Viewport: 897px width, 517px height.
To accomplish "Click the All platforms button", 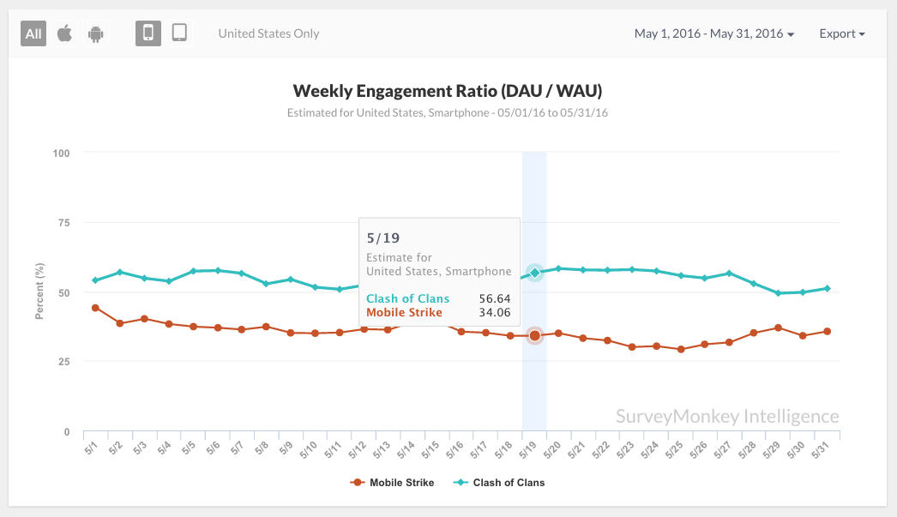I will (x=33, y=33).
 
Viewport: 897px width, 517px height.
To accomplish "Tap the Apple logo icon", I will (x=64, y=33).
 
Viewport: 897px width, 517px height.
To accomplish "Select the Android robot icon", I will (x=95, y=33).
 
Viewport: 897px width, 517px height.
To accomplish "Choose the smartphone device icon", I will (x=148, y=33).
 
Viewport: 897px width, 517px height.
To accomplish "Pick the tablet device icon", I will (x=179, y=33).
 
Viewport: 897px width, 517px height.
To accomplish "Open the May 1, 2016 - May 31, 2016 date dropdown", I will (x=714, y=33).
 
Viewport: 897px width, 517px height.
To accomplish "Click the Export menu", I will (x=842, y=33).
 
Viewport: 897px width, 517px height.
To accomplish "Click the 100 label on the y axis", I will (x=60, y=153).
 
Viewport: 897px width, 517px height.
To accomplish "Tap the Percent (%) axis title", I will (x=39, y=292).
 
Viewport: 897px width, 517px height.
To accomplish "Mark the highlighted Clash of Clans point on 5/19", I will (x=534, y=273).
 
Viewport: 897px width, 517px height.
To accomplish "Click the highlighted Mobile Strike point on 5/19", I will (x=534, y=335).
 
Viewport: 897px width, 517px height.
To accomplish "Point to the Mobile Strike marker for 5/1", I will (x=95, y=308).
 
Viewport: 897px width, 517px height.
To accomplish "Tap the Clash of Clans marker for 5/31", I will (x=827, y=288).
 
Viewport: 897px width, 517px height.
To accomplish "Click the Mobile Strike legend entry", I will (x=394, y=483).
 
